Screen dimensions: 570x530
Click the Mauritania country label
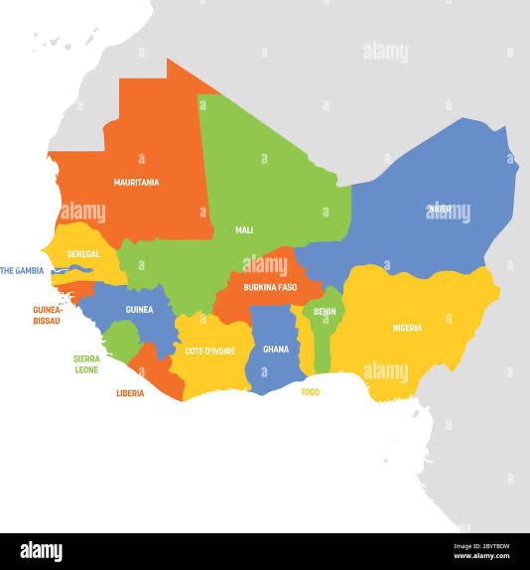point(136,183)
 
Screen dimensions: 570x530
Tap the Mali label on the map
point(243,230)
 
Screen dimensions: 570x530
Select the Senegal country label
point(83,254)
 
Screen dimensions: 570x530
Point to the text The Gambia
point(21,270)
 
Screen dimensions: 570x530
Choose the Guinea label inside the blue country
point(139,310)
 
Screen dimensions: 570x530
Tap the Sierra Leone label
point(86,363)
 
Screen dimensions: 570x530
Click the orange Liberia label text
point(129,393)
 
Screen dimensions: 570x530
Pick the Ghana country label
point(275,350)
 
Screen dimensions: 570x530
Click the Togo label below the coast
point(310,392)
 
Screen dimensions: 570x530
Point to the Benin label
point(325,311)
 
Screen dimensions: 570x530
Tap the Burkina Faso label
point(270,287)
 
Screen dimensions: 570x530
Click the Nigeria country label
point(407,328)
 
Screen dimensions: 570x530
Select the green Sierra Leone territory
point(119,341)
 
